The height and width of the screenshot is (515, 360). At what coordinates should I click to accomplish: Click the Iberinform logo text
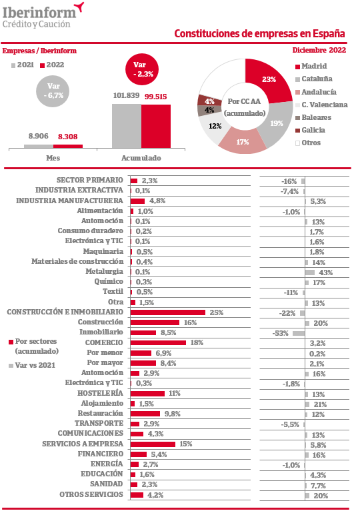(x=39, y=13)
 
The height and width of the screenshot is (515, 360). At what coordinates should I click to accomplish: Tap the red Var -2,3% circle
(x=142, y=69)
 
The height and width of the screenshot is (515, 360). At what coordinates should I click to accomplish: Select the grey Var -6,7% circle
(x=53, y=91)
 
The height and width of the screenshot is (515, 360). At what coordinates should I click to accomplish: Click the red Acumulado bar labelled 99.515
(x=156, y=127)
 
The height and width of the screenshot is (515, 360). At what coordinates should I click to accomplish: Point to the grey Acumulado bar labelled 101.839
(x=127, y=126)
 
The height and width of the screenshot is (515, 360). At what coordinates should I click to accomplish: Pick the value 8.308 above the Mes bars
(x=68, y=137)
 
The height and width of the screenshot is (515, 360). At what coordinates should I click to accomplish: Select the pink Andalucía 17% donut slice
(x=242, y=141)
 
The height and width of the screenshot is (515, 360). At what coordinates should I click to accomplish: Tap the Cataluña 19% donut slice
(x=276, y=124)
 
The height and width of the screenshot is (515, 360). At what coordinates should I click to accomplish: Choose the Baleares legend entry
(x=313, y=117)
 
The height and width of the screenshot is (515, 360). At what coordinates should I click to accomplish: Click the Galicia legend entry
(x=311, y=130)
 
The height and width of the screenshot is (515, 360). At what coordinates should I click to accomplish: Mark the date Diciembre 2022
(x=319, y=50)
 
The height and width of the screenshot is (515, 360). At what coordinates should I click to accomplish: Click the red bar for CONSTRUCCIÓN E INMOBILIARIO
(x=168, y=312)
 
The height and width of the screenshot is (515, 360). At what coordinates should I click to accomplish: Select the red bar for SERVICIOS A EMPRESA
(x=153, y=444)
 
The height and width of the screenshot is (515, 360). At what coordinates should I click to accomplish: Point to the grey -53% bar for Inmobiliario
(x=299, y=333)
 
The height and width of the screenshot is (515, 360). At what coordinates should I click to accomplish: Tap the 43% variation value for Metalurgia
(x=326, y=272)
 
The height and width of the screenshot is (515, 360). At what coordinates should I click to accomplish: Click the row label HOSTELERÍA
(x=100, y=393)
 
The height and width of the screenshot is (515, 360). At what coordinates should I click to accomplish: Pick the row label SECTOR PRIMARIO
(x=90, y=180)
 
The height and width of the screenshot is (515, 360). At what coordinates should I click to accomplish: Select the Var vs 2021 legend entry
(x=32, y=365)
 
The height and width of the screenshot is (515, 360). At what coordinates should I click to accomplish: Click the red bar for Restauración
(x=145, y=414)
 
